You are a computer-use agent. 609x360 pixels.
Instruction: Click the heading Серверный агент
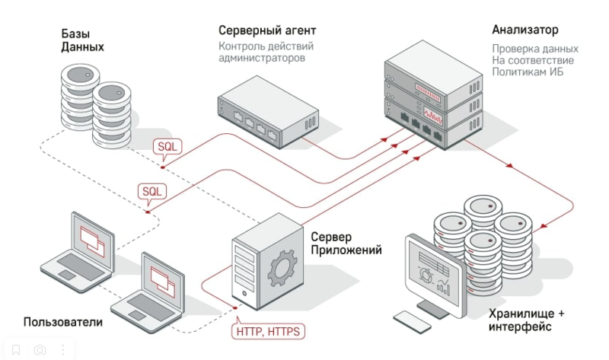(x=266, y=31)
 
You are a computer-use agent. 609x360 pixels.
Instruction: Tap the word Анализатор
(x=525, y=30)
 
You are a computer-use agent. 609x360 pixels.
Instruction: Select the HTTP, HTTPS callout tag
(x=267, y=331)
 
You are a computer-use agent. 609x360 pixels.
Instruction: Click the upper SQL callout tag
(x=167, y=146)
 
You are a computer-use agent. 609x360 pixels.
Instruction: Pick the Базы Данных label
(x=82, y=40)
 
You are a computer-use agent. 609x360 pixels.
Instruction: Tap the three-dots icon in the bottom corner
(x=63, y=351)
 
